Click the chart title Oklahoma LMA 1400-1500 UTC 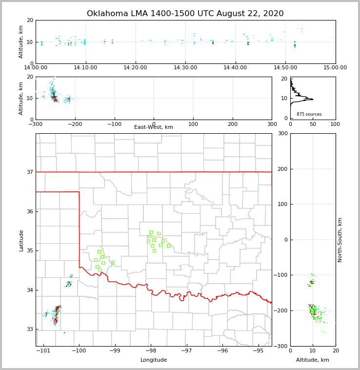click(185, 14)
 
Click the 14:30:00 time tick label click(185, 67)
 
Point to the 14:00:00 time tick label click(36, 67)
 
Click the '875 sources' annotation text click(309, 114)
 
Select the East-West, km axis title click(154, 127)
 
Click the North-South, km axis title click(340, 240)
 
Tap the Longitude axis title click(154, 360)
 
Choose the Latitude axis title click(21, 240)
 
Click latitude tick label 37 click(29, 172)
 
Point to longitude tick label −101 click(44, 351)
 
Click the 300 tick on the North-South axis click(283, 134)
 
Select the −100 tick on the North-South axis click(281, 275)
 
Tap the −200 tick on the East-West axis click(75, 124)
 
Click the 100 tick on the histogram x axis click(335, 124)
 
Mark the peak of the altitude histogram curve click(313, 99)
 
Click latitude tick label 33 click(29, 329)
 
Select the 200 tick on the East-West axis click(233, 124)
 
